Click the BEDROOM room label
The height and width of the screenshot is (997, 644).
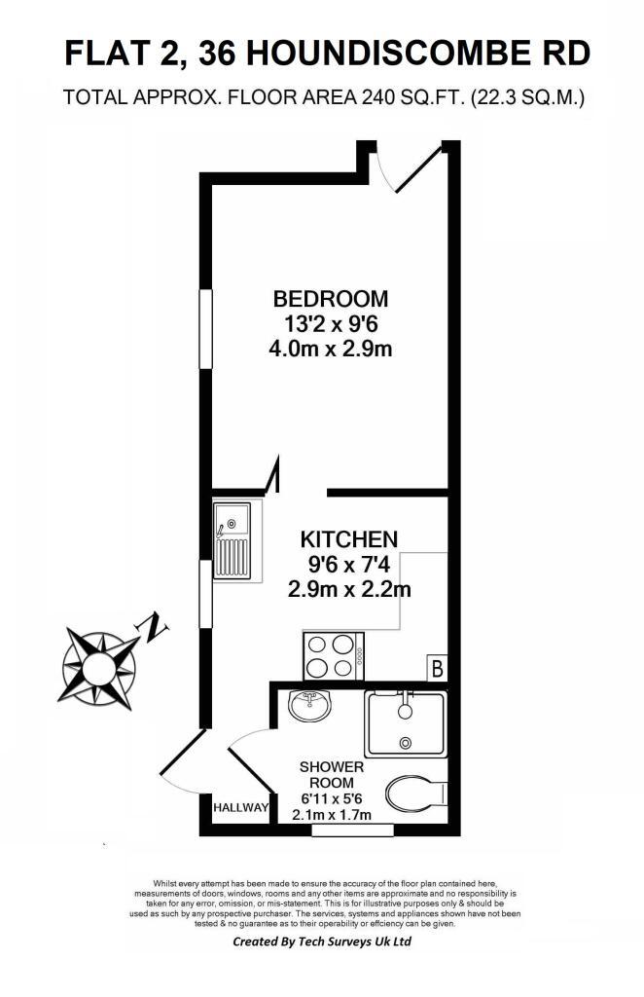(330, 298)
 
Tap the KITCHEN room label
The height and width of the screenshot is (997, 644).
(348, 539)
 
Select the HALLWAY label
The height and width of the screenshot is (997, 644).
(240, 808)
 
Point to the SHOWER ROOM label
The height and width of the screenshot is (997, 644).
(332, 774)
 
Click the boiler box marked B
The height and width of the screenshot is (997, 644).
(437, 668)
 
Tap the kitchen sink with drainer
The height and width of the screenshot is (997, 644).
(233, 540)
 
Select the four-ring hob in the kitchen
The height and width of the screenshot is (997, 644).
(334, 656)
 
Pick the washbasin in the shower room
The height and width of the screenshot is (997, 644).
(309, 705)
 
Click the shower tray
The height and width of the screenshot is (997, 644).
(406, 724)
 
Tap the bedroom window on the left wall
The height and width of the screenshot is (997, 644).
(206, 329)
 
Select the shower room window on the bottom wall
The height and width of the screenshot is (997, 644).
(352, 830)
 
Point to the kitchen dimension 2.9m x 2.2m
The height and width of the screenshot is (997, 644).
(349, 589)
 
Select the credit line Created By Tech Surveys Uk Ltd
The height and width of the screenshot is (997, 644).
(322, 942)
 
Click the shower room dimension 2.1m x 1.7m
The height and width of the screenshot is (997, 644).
(332, 815)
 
